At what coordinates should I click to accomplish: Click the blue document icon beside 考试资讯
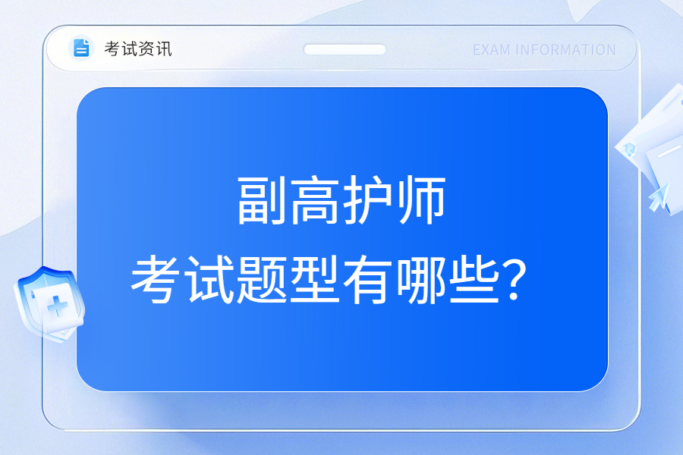[81, 48]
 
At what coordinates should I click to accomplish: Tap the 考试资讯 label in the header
[138, 49]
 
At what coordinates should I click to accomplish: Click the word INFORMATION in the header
[565, 50]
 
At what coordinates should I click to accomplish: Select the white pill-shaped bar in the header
[345, 49]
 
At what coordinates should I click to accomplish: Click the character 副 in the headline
[262, 200]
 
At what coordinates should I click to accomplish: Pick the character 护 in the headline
[367, 200]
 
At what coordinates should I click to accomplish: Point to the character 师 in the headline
[421, 200]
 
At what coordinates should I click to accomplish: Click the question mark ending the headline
[515, 280]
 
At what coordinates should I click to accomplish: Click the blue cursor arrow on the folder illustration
[659, 197]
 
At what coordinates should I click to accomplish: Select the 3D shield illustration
[49, 304]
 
